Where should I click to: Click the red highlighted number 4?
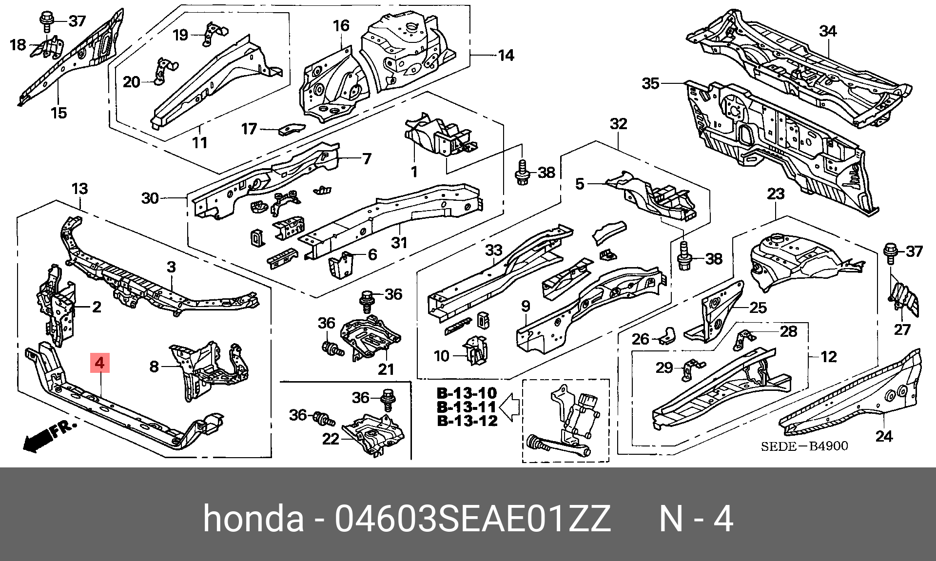tap(99, 363)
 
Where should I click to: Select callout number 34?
tap(828, 31)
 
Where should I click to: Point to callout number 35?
tap(650, 83)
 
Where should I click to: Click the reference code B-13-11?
tap(467, 407)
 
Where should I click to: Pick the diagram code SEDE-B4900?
tap(804, 446)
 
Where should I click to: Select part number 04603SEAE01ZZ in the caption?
tap(472, 519)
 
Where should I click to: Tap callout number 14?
tap(506, 56)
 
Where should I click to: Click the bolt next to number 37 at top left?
tap(47, 21)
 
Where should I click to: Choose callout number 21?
tap(386, 369)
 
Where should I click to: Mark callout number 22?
tap(331, 439)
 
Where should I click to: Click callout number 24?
tap(884, 436)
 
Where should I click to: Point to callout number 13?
tap(79, 189)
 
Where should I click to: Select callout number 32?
tap(619, 124)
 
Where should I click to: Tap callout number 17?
tap(249, 129)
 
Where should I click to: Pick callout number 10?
tap(441, 356)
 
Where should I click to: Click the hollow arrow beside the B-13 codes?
tap(509, 407)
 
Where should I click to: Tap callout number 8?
tap(154, 366)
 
